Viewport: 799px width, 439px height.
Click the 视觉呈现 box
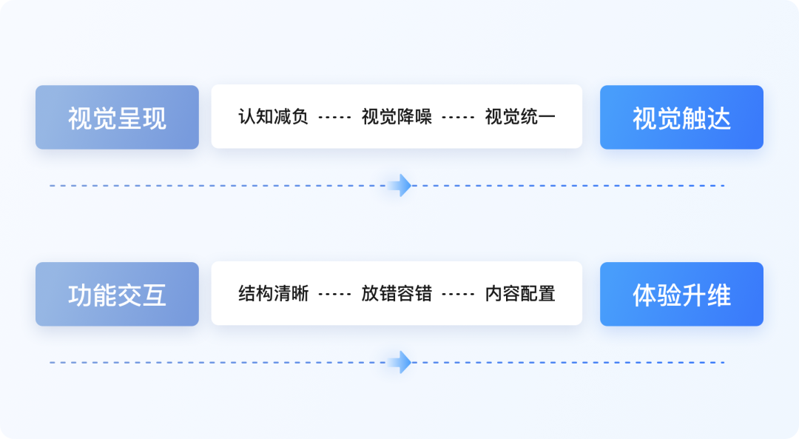click(x=117, y=117)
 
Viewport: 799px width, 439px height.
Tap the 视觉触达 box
click(x=681, y=117)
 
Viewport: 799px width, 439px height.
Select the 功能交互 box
click(x=117, y=294)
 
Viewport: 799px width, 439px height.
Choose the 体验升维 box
click(x=681, y=294)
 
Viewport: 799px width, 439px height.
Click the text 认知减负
click(x=273, y=117)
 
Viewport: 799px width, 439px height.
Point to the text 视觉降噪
click(x=397, y=117)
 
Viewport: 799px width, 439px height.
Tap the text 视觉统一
click(x=520, y=117)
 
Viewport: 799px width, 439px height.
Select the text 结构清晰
click(x=273, y=294)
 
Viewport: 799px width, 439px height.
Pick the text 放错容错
click(x=397, y=294)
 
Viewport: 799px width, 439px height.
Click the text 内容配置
click(x=520, y=294)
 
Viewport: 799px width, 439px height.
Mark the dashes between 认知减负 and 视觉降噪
click(x=334, y=117)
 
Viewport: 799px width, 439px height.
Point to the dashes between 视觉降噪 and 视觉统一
click(x=458, y=117)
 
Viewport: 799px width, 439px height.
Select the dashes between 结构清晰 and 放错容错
click(x=334, y=294)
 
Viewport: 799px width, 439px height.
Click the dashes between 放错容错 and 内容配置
click(x=458, y=294)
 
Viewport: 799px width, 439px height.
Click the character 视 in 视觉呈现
click(x=80, y=118)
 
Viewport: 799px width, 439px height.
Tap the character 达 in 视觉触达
click(x=719, y=118)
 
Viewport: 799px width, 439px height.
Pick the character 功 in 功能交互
click(x=80, y=295)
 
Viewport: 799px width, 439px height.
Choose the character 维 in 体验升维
click(x=719, y=295)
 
